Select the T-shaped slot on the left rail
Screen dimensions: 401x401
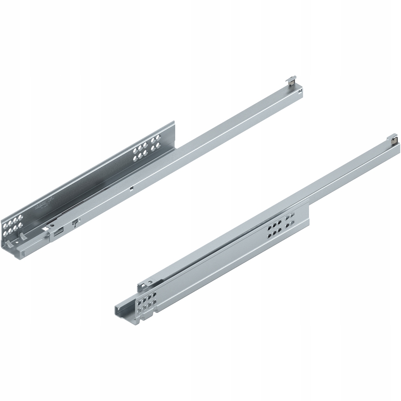coord(75,223)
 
